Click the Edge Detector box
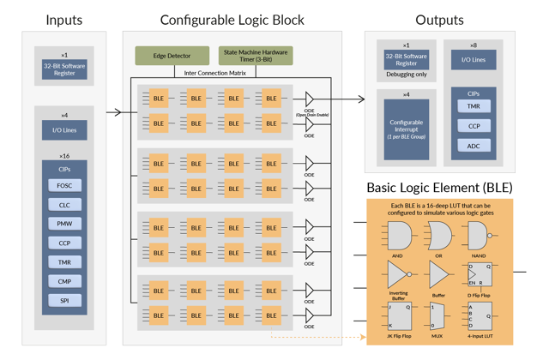tap(172, 56)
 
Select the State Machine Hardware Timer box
tap(256, 56)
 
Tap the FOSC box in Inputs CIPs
tap(64, 185)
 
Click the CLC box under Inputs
tap(64, 205)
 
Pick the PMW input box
tap(64, 224)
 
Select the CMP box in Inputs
tap(64, 281)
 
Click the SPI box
tap(64, 301)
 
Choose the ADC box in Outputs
tap(474, 146)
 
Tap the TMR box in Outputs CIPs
tap(474, 106)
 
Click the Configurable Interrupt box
tap(406, 129)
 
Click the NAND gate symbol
tap(479, 235)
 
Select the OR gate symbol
tap(438, 235)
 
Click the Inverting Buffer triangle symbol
tap(397, 274)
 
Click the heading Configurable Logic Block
tap(232, 20)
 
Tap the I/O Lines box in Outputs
tap(474, 60)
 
